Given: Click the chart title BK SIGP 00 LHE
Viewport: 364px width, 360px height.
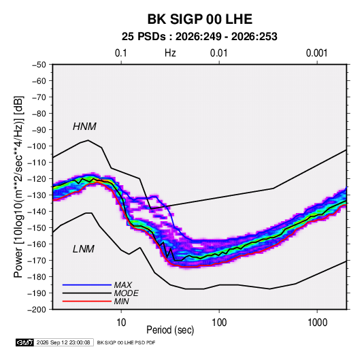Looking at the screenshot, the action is pyautogui.click(x=200, y=19).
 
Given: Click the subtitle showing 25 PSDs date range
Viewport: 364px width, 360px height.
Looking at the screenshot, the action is pyautogui.click(x=199, y=37).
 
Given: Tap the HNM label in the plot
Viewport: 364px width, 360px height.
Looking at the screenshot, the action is pyautogui.click(x=84, y=127).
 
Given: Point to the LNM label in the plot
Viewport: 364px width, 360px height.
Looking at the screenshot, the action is pyautogui.click(x=84, y=249).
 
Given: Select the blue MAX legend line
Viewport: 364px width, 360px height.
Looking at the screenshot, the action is pyautogui.click(x=87, y=285).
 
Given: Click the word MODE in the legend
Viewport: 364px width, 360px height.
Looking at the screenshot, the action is pyautogui.click(x=127, y=293).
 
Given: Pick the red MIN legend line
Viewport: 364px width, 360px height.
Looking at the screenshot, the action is pyautogui.click(x=87, y=301).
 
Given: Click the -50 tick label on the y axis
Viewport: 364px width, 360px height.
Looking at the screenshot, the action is pyautogui.click(x=39, y=65).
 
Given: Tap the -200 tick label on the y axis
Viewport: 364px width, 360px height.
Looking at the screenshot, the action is pyautogui.click(x=37, y=310).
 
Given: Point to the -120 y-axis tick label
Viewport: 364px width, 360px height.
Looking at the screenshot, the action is pyautogui.click(x=37, y=179).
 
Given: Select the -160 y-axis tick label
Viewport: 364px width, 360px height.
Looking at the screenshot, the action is pyautogui.click(x=37, y=244).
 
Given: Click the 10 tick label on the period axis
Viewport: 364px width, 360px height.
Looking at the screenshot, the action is pyautogui.click(x=121, y=323).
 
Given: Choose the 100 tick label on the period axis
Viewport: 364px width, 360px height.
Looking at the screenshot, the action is pyautogui.click(x=219, y=323).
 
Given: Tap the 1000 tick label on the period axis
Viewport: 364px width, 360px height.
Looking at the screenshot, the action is pyautogui.click(x=317, y=323).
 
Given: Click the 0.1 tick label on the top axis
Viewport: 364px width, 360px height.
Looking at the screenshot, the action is pyautogui.click(x=121, y=53).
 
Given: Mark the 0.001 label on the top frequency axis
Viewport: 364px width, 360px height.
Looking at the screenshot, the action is pyautogui.click(x=317, y=53).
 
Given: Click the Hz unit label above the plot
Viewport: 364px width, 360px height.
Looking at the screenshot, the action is pyautogui.click(x=170, y=53).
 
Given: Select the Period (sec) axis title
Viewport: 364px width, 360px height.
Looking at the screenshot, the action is pyautogui.click(x=170, y=330).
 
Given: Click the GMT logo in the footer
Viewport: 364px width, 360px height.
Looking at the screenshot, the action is pyautogui.click(x=24, y=342).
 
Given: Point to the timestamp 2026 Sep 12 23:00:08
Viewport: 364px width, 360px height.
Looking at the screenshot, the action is pyautogui.click(x=63, y=342).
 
